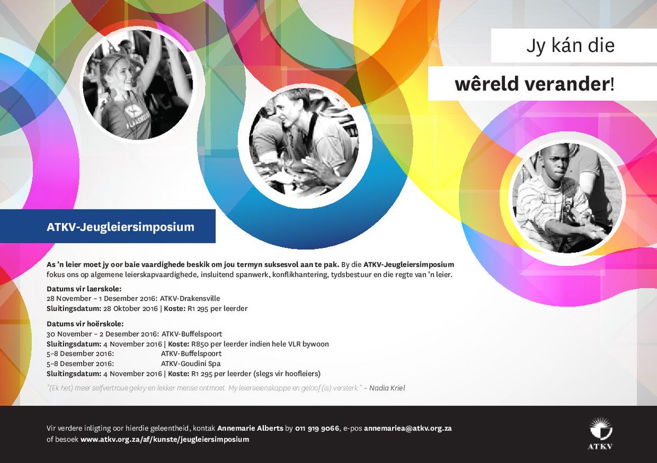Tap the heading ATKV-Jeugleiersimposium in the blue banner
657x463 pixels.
point(120,227)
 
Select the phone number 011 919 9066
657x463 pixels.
point(317,428)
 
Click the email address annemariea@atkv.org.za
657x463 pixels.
point(407,428)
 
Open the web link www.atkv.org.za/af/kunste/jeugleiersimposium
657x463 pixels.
point(164,439)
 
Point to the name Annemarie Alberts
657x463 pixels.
point(250,428)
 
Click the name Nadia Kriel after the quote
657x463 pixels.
point(387,388)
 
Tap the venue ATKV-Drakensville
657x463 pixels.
point(190,298)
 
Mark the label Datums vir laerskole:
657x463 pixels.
point(84,288)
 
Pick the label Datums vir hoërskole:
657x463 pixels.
point(85,323)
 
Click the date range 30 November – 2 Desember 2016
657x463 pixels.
point(102,334)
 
